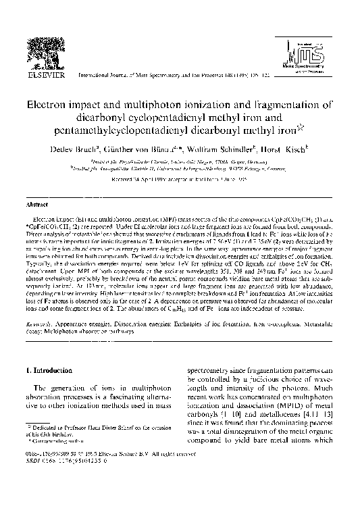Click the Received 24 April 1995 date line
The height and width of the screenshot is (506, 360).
click(180, 182)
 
